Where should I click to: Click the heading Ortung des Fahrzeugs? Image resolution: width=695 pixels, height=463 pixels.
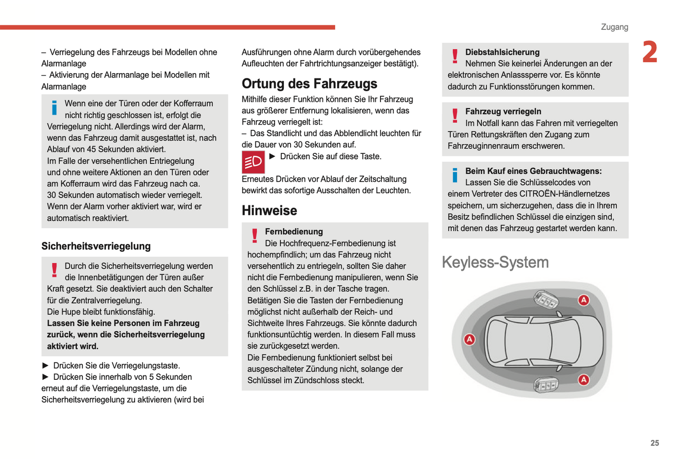click(x=309, y=84)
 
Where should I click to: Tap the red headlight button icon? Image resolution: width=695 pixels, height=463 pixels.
click(x=253, y=162)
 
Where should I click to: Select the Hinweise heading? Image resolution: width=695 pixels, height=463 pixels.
click(x=269, y=211)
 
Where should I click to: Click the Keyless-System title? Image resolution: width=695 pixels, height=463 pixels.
click(x=495, y=262)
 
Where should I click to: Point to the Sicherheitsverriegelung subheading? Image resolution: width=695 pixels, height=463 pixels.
click(x=96, y=246)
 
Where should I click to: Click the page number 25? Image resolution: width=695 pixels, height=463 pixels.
click(x=655, y=443)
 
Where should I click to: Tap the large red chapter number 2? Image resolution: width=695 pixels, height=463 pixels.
click(x=650, y=52)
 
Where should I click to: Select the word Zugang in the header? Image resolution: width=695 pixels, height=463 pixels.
click(x=614, y=27)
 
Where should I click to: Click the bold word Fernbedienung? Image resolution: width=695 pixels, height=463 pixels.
click(x=294, y=232)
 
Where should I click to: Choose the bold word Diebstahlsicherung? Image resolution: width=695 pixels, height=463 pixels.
click(x=502, y=52)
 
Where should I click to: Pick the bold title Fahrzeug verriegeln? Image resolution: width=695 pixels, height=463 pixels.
click(x=503, y=112)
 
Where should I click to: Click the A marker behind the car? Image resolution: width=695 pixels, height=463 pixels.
click(x=469, y=339)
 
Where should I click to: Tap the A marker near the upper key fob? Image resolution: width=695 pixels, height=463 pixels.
click(x=583, y=300)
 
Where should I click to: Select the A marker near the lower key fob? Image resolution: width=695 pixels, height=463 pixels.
click(x=583, y=380)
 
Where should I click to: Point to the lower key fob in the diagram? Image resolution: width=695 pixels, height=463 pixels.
click(x=546, y=385)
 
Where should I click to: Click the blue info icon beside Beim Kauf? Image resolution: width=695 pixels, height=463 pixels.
click(x=455, y=175)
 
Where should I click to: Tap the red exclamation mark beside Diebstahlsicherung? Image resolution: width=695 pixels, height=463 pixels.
click(x=455, y=56)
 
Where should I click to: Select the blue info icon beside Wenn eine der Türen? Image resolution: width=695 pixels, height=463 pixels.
click(x=54, y=108)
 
